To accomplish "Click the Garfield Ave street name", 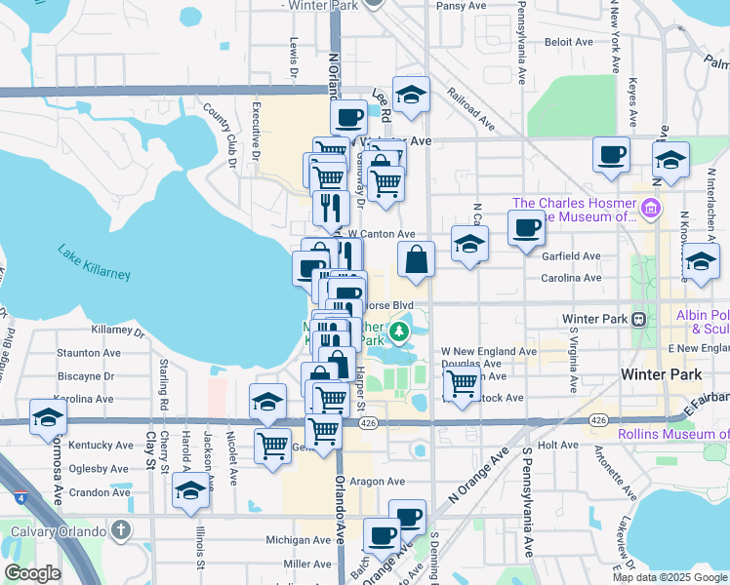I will tap(572, 255).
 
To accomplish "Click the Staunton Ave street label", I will tap(89, 353).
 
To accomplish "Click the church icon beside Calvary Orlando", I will tap(120, 530).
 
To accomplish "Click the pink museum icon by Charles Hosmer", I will tap(650, 208).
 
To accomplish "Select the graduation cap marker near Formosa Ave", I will tap(47, 417).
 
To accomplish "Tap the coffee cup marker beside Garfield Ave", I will tap(526, 228).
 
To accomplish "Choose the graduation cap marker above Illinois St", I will tap(190, 492).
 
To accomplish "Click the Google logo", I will tap(32, 573).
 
